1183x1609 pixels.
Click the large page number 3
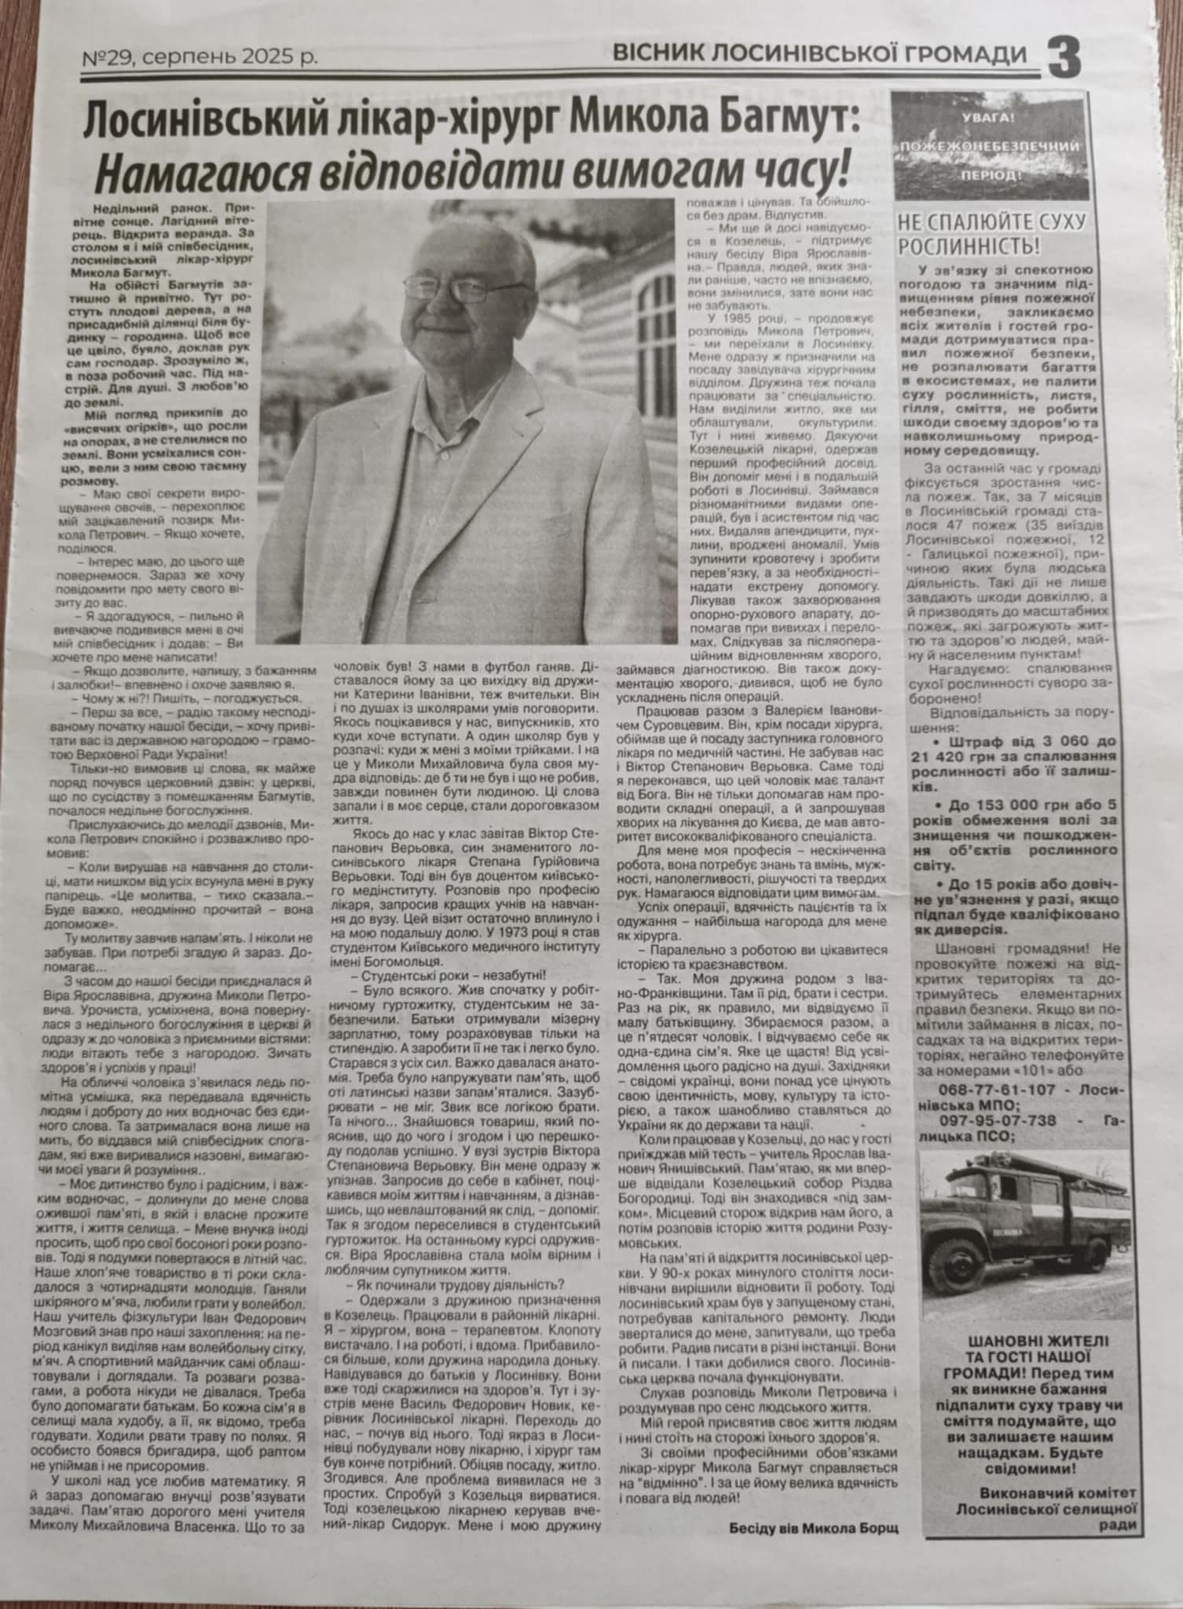click(1063, 57)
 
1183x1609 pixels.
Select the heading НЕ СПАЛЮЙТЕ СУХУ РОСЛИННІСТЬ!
click(991, 233)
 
